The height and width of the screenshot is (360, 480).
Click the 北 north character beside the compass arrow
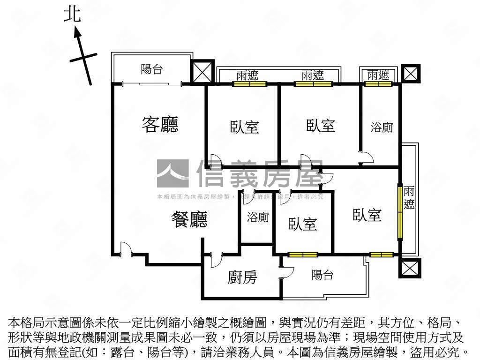(73, 14)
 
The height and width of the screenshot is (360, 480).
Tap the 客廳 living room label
(160, 124)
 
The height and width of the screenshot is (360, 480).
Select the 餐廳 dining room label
(189, 219)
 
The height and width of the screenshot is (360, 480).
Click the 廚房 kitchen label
(242, 277)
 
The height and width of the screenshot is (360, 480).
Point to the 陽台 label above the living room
(152, 69)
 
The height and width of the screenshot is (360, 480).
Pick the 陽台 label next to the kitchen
(322, 275)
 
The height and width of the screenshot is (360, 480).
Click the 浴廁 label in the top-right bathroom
(382, 127)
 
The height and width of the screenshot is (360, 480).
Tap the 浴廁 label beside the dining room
(258, 217)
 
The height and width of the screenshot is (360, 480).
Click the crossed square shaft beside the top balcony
(202, 72)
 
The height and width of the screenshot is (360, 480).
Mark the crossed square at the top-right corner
(411, 73)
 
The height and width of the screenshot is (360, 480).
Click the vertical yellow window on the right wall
(400, 213)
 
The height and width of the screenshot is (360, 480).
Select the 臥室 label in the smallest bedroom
(302, 224)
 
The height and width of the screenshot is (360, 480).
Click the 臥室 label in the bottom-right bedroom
(367, 215)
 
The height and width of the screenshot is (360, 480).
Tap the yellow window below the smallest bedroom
(303, 255)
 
